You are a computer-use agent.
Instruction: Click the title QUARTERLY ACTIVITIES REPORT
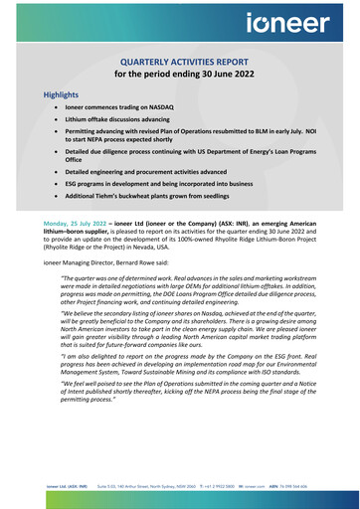[180, 60]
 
